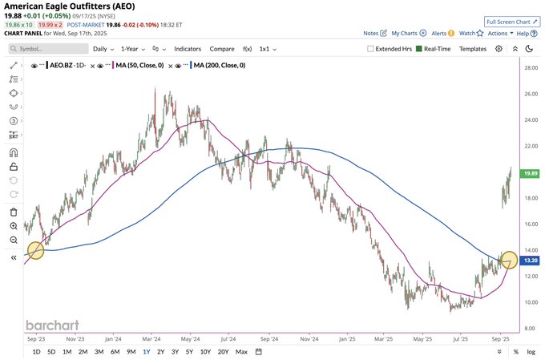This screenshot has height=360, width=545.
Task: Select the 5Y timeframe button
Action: (x=189, y=351)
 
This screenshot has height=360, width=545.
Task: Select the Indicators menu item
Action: (x=188, y=49)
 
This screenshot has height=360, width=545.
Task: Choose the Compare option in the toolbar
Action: (x=222, y=49)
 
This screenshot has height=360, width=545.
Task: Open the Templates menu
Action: (x=473, y=49)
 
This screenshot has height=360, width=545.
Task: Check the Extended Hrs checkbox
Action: (x=370, y=49)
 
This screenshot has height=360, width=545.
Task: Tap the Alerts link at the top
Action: (x=438, y=34)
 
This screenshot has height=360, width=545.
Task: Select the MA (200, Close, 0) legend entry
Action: (x=219, y=65)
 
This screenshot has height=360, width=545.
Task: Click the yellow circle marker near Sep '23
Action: (x=35, y=250)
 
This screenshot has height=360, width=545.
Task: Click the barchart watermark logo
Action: (x=53, y=325)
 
